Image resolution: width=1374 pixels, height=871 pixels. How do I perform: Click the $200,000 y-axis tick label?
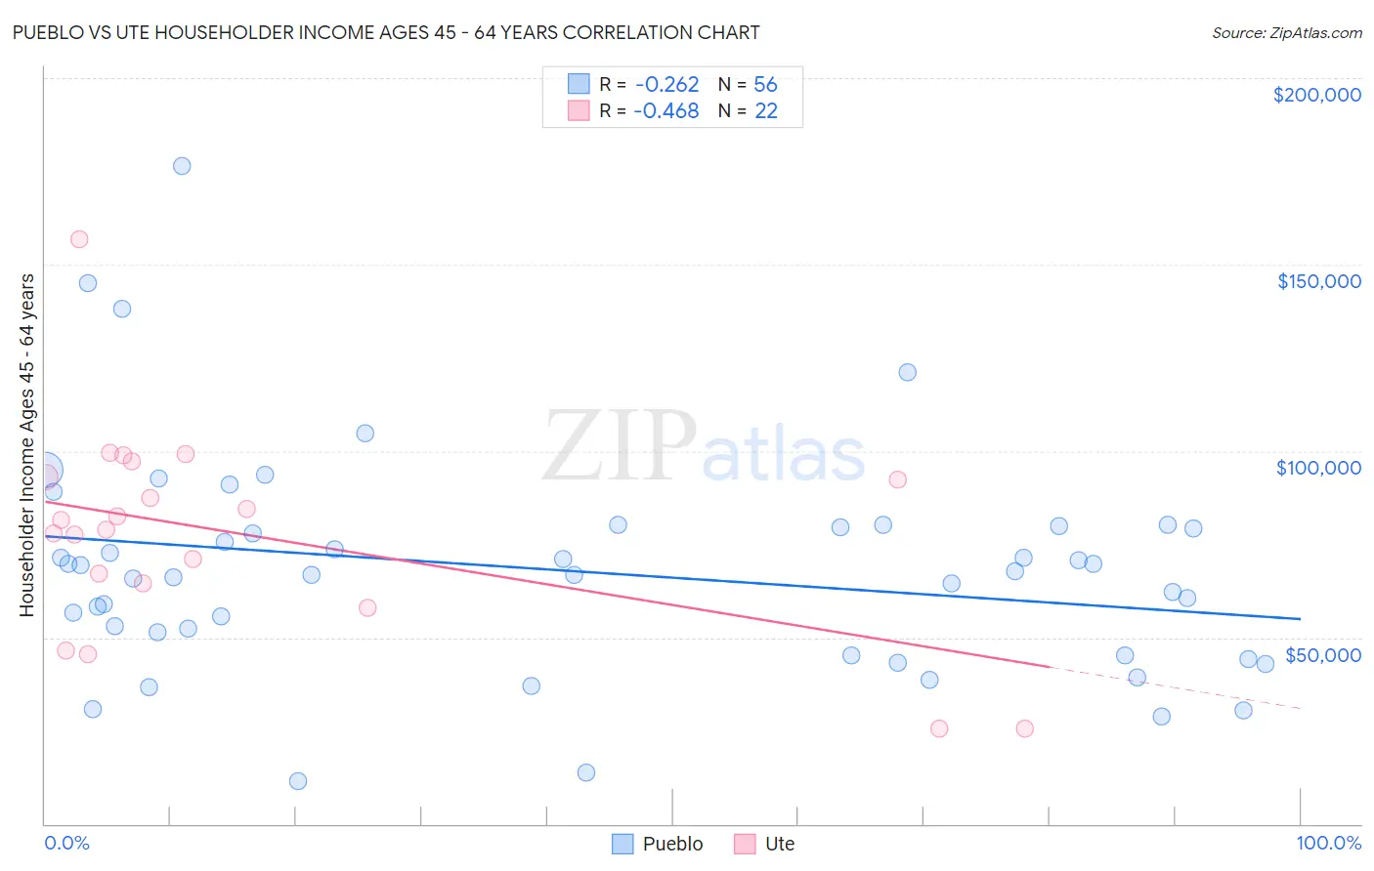1316,95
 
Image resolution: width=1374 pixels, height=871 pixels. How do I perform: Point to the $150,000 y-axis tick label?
1318,281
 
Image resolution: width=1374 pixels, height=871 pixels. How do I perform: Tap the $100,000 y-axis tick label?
1318,468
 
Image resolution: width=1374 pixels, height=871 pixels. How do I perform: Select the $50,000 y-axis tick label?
1322,654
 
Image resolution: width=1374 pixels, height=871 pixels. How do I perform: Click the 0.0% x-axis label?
66,843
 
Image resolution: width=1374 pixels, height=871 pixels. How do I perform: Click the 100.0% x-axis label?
1328,843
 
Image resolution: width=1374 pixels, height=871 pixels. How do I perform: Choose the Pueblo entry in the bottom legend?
672,844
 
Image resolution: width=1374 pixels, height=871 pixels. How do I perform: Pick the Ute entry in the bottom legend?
779,844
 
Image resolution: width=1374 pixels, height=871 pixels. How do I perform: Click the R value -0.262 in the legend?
666,85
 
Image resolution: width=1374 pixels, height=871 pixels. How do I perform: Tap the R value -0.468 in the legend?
666,111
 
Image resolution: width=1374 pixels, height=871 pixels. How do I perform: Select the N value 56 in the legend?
765,85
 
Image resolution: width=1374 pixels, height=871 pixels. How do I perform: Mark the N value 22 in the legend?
765,111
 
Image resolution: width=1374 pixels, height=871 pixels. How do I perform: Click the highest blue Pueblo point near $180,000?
182,166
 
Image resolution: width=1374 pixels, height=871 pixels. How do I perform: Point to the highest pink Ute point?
79,239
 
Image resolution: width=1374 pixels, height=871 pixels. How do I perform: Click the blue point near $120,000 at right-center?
907,372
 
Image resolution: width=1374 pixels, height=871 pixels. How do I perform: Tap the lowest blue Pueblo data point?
298,781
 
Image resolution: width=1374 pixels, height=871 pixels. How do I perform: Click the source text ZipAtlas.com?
1286,33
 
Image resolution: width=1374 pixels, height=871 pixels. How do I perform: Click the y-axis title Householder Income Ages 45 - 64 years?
26,444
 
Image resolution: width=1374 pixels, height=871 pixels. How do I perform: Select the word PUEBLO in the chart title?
48,33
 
